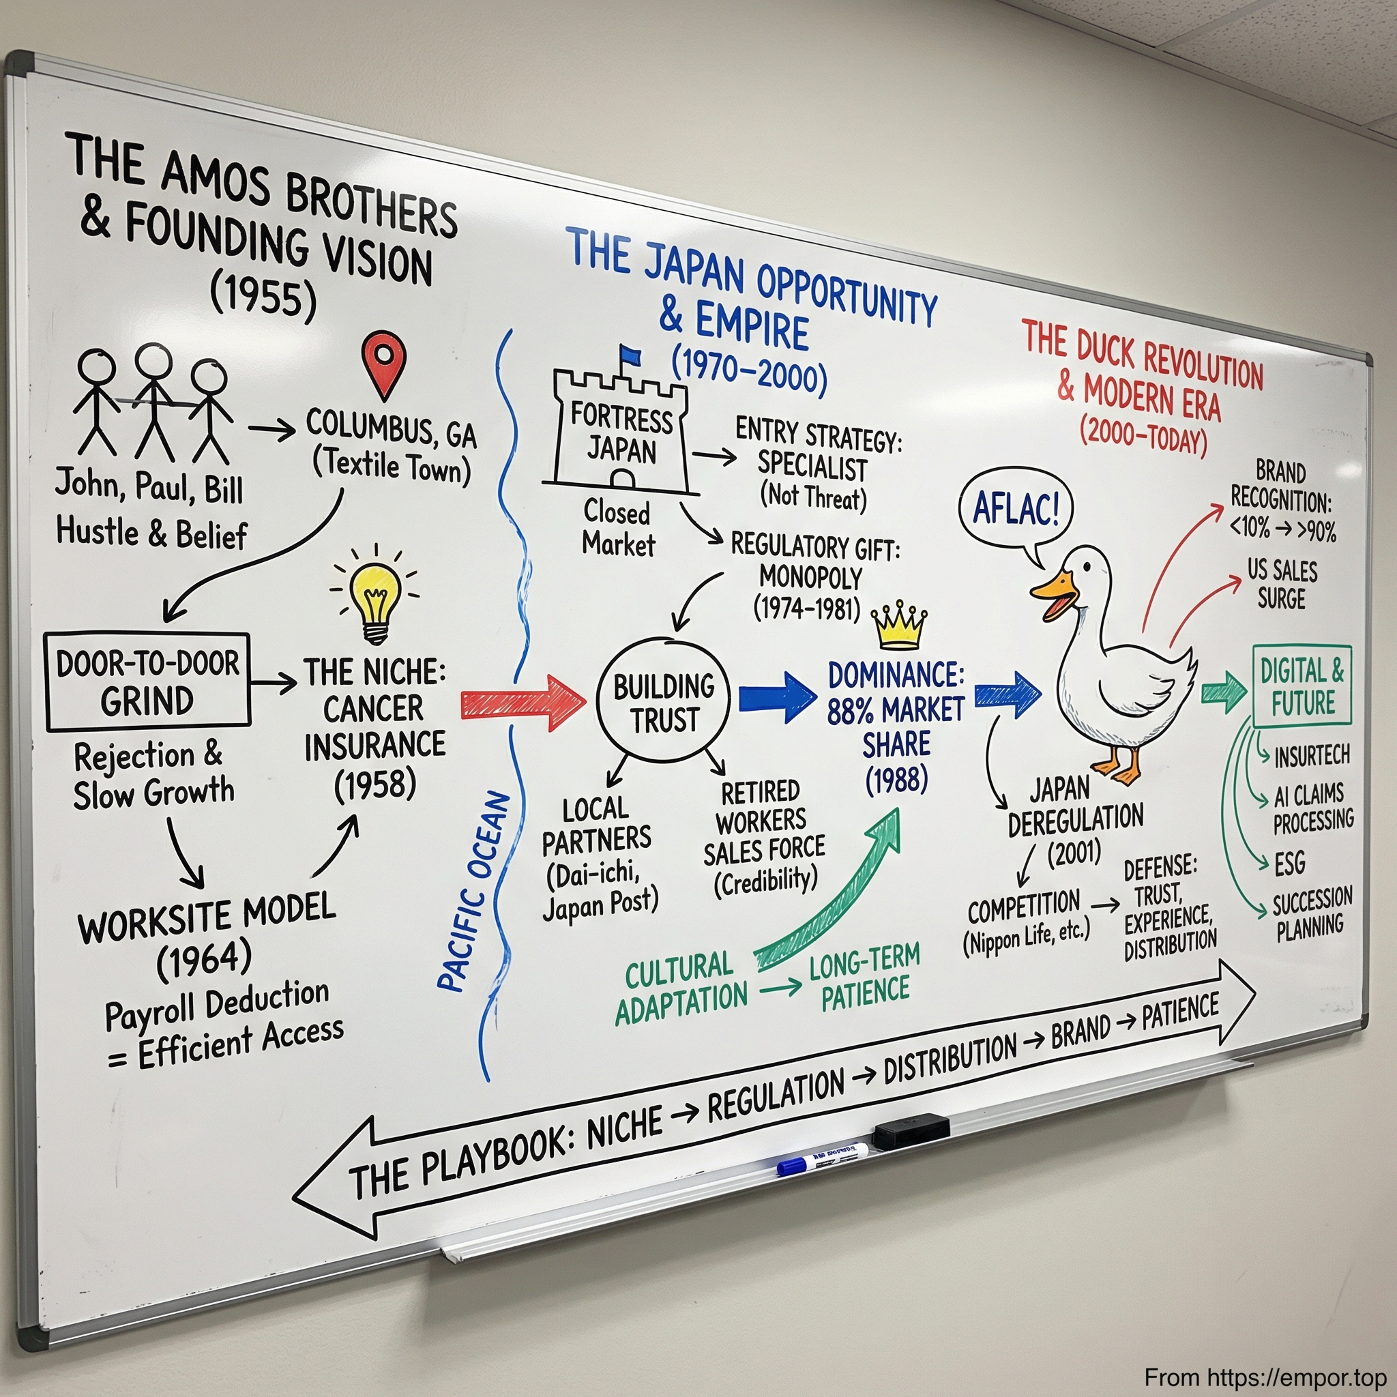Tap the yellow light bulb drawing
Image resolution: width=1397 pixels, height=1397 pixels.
[x=374, y=600]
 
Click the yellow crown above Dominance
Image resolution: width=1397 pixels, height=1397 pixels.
[x=899, y=627]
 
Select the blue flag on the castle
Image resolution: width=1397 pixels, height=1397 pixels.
[x=630, y=355]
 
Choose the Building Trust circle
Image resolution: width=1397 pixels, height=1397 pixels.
[x=664, y=702]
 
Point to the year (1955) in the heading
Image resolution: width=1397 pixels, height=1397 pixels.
[x=264, y=297]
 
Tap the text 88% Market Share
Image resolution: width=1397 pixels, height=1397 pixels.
[x=896, y=727]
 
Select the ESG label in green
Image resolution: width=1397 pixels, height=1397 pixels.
[x=1289, y=863]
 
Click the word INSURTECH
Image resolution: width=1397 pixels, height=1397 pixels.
[x=1312, y=756]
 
